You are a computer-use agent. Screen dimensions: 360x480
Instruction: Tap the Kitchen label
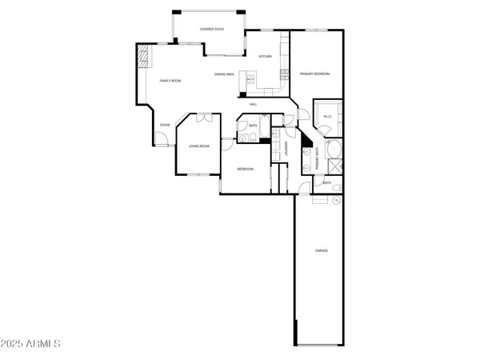[266, 57]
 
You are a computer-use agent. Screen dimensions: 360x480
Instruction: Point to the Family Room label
[170, 81]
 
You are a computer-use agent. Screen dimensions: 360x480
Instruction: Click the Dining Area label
[224, 74]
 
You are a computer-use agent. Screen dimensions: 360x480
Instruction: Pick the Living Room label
[198, 146]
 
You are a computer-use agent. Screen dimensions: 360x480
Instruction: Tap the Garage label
[321, 251]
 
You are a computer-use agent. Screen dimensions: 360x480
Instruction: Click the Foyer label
[165, 125]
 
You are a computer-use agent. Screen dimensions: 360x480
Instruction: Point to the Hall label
[253, 105]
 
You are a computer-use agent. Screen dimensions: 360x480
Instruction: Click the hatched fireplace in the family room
[142, 58]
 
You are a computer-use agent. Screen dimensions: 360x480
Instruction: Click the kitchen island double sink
[250, 79]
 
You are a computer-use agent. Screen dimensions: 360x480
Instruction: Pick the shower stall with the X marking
[335, 167]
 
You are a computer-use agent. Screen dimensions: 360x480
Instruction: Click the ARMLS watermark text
[32, 343]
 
